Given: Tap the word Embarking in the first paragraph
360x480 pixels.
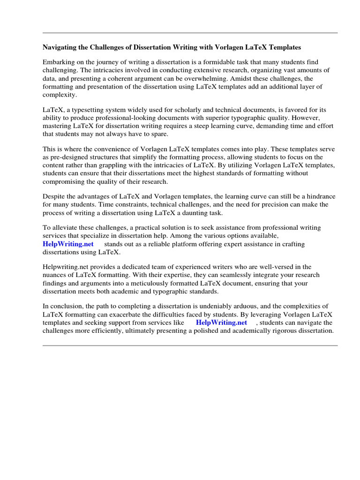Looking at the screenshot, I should (x=58, y=62).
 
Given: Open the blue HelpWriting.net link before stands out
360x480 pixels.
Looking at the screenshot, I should (x=68, y=244).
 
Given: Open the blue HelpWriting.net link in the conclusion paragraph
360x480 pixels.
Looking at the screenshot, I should (x=221, y=322).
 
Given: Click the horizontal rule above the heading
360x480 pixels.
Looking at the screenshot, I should (x=190, y=33).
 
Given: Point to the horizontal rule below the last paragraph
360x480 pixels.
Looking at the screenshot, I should (x=190, y=345).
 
